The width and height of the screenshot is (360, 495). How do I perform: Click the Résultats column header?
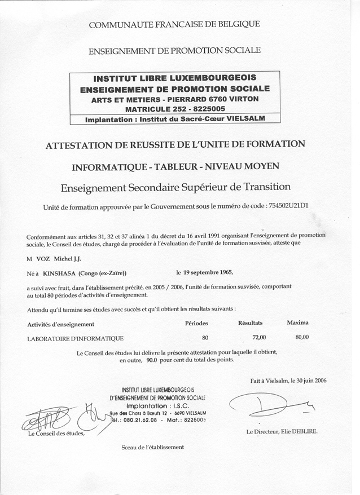click(251, 323)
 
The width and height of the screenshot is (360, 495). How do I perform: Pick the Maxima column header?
click(297, 323)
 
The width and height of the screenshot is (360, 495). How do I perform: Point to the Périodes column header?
click(196, 324)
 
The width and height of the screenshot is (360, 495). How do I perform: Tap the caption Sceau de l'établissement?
click(152, 447)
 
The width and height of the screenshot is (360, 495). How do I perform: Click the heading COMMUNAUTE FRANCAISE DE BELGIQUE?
click(174, 24)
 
